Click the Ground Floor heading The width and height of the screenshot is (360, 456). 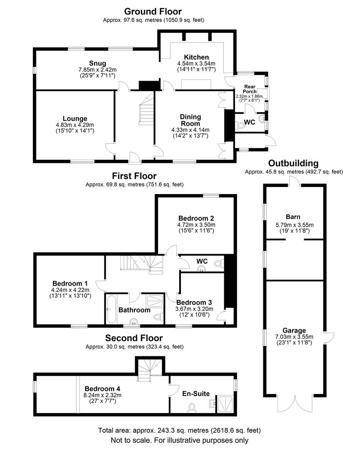point(153,12)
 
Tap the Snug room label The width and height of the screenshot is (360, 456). point(98,63)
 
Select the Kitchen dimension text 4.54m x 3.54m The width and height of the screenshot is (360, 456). point(196,63)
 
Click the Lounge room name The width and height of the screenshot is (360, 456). point(75,118)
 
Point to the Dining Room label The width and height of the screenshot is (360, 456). point(190,120)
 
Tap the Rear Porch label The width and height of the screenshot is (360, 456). point(250,89)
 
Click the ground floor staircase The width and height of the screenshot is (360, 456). point(146,110)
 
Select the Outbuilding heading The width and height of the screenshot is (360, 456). point(293,163)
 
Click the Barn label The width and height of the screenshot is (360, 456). point(293,217)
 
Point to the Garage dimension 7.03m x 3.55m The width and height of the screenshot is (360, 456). point(294,337)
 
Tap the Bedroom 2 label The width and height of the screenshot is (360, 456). point(196,218)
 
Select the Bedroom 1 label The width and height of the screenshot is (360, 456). point(70,283)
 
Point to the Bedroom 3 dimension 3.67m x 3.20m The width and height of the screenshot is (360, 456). point(194,309)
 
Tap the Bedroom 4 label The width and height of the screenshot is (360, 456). point(102,388)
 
